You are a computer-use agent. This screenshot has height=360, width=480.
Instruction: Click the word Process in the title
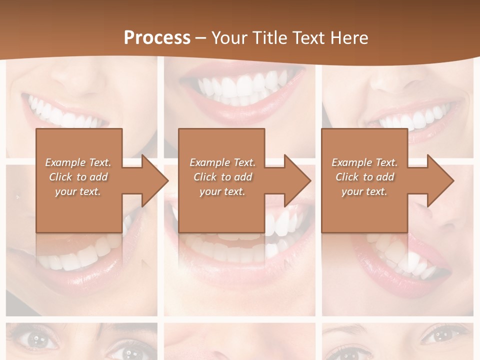[x=157, y=38]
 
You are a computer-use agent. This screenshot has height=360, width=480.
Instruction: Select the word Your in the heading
[x=229, y=38]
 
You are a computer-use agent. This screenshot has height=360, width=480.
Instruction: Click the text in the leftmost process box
[x=78, y=177]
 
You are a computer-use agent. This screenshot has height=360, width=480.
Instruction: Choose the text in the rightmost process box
[x=364, y=177]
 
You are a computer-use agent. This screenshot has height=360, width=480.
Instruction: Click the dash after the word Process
[x=201, y=38]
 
